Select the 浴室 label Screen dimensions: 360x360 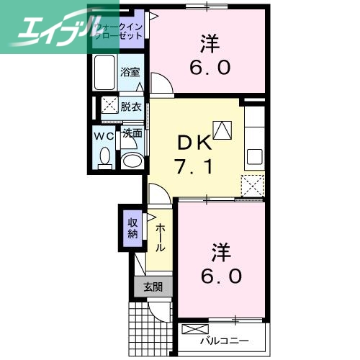point(130,72)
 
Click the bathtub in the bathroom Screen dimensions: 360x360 point(105,71)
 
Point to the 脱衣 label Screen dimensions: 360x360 point(130,107)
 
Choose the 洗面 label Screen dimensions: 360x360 point(131,133)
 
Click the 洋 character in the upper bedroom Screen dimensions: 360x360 point(210,43)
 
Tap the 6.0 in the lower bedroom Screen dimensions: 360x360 point(221,275)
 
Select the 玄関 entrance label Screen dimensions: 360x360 point(153,287)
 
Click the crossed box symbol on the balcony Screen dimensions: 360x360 point(193,330)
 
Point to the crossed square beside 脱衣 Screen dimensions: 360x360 point(109,106)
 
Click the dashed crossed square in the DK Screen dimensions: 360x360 point(253,185)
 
